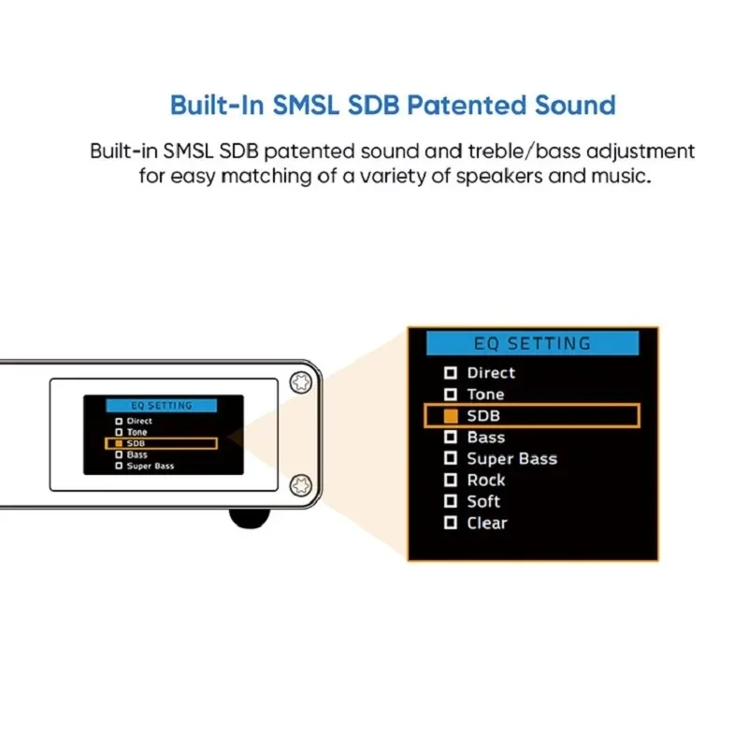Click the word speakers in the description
click(x=499, y=176)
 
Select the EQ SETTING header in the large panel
click(x=532, y=343)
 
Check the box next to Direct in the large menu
click(x=451, y=372)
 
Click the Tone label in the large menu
click(x=485, y=394)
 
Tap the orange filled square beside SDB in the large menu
click(x=451, y=415)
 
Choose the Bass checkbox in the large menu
click(x=451, y=437)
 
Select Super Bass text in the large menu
click(x=511, y=458)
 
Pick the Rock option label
click(x=486, y=480)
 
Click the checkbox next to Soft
click(x=451, y=501)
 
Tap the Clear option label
click(x=487, y=523)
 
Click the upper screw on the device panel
click(x=301, y=382)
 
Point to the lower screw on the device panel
click(x=301, y=485)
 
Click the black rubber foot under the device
click(x=250, y=518)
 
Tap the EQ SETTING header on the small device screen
click(x=161, y=406)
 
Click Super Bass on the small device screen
click(x=151, y=466)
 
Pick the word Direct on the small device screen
click(x=139, y=421)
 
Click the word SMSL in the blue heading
click(x=306, y=105)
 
